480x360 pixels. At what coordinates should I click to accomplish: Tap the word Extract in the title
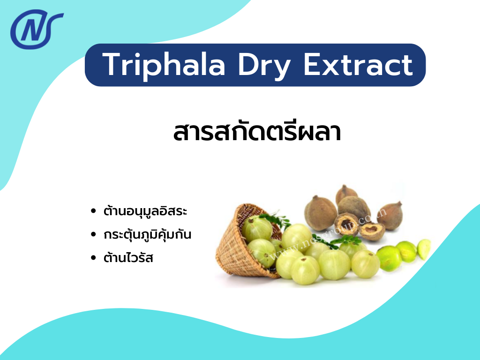(x=358, y=65)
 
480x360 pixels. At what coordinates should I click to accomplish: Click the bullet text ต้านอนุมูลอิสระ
(x=146, y=211)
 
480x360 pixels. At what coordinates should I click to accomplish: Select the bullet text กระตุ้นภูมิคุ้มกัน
(x=148, y=234)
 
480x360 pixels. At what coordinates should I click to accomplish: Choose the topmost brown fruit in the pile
(x=346, y=194)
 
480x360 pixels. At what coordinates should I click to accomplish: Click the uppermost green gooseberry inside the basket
(x=256, y=228)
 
